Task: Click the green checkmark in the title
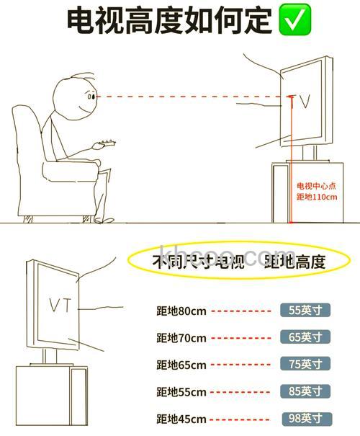coord(294,21)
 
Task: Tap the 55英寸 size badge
coord(305,311)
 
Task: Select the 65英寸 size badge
coord(305,337)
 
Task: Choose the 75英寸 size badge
coord(305,364)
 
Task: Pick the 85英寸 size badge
coord(305,391)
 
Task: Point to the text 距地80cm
coord(181,311)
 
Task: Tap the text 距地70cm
coord(181,338)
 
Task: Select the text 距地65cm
coord(181,365)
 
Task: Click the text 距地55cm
coord(181,392)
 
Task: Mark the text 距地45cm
coord(181,419)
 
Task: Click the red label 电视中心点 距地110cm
coord(317,192)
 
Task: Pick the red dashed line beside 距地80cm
coord(243,311)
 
